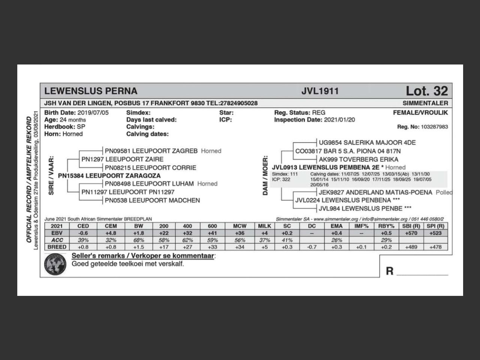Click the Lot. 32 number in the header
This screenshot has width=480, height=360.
coord(426,91)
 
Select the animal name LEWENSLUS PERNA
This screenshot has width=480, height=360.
coord(91,91)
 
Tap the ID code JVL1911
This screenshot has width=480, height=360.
coord(320,91)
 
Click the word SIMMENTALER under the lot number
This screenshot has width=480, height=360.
coord(425,103)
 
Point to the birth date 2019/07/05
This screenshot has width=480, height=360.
coord(93,112)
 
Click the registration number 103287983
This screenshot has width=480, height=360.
coord(434,127)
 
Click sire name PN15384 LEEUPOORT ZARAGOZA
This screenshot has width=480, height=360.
coord(109,175)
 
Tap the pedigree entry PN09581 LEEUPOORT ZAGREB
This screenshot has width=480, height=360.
coord(151,151)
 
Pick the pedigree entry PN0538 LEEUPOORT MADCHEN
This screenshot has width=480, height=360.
coord(152,200)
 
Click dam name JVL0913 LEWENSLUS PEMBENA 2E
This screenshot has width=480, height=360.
coord(325,167)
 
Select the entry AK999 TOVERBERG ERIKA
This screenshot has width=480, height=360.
coord(358,159)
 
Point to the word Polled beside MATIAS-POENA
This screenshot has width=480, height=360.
coord(444,192)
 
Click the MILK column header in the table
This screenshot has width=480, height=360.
coord(264,226)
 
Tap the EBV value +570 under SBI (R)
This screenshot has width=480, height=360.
coord(411,233)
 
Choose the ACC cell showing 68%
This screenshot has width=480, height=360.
coord(138,240)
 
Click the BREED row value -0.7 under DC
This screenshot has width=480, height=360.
coord(312,247)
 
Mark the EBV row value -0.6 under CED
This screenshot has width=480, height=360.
coord(83,233)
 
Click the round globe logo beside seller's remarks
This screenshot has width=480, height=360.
coord(55,264)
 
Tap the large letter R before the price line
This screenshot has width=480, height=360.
coord(390,271)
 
